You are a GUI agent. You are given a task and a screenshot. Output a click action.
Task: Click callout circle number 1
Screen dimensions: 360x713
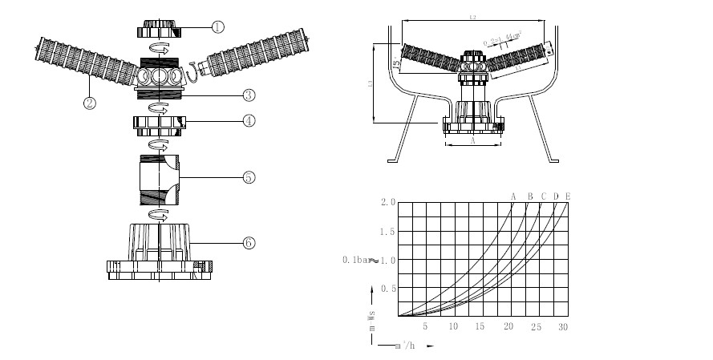217,26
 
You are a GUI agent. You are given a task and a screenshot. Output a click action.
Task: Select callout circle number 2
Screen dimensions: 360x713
89,103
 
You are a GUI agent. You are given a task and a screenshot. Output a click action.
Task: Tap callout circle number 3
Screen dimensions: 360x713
249,95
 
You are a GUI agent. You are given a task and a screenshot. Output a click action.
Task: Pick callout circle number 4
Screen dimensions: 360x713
249,121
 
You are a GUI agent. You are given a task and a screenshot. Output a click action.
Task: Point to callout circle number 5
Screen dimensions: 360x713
249,177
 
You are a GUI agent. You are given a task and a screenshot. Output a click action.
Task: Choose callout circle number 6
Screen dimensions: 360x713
249,241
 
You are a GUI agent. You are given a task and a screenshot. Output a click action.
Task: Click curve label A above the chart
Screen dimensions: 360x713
513,196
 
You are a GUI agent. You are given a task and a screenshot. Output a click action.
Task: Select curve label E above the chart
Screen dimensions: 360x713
568,196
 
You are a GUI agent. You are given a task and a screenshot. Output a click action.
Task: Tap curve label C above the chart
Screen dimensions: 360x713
543,196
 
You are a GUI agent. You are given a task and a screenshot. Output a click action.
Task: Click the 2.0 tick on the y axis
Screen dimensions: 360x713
388,203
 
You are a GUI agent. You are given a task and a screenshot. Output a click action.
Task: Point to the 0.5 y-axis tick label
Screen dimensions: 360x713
388,288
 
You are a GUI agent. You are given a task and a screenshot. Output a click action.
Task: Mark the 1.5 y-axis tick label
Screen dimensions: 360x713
388,232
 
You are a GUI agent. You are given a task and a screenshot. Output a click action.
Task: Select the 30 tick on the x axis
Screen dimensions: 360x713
562,327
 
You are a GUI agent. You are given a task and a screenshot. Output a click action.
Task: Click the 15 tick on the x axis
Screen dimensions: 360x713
480,327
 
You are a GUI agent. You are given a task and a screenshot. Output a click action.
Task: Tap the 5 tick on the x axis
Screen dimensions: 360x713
426,327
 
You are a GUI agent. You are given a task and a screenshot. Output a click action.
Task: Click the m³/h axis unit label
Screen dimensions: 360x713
406,346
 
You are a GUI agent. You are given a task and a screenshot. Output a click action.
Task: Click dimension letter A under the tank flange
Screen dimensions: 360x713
472,141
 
